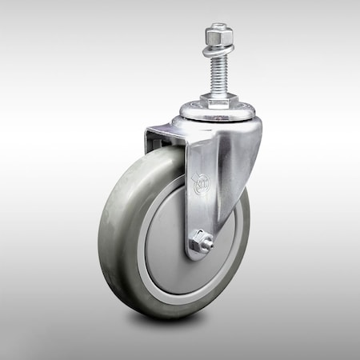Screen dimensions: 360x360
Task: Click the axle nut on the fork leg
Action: coord(202,242)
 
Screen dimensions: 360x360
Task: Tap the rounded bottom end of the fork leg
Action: coord(197,255)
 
